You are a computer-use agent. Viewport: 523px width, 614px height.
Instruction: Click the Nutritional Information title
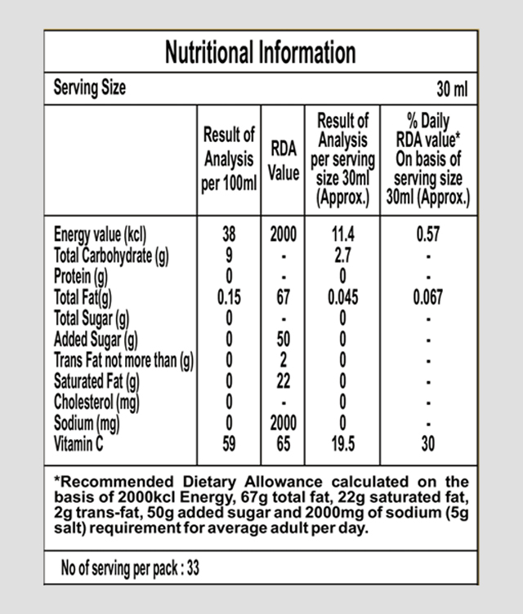coord(261,53)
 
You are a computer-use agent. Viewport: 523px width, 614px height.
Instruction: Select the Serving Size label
coord(90,87)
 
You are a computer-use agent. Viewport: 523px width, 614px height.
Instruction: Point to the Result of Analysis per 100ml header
coord(229,158)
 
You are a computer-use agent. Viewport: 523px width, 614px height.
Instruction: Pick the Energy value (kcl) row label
coord(100,235)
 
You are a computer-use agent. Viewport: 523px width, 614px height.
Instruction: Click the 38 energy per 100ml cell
coord(229,235)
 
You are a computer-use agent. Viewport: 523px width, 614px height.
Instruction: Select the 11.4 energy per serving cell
coord(341,235)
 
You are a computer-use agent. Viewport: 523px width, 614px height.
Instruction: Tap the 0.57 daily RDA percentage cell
coord(427,235)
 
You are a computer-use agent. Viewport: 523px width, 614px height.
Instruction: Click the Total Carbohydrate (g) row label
coord(110,256)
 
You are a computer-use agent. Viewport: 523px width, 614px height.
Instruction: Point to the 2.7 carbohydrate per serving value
coord(341,256)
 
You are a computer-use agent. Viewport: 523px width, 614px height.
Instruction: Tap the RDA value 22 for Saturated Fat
coord(283,381)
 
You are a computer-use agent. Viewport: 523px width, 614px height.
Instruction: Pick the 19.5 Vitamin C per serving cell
coord(341,445)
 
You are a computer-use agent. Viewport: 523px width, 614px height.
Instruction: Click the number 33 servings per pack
coord(193,568)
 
